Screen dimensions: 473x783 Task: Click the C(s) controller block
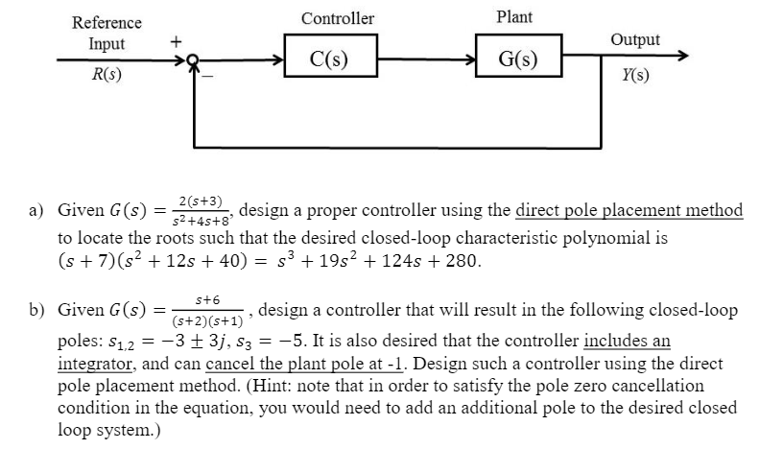[x=329, y=59]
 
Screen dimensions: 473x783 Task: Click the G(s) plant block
[x=518, y=59]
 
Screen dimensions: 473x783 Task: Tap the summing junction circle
[x=196, y=59]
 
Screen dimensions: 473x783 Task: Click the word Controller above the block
[x=338, y=18]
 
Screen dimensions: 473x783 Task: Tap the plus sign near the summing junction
[x=175, y=42]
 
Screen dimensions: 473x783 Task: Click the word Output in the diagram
[x=635, y=39]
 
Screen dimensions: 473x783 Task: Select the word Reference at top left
[x=107, y=22]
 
